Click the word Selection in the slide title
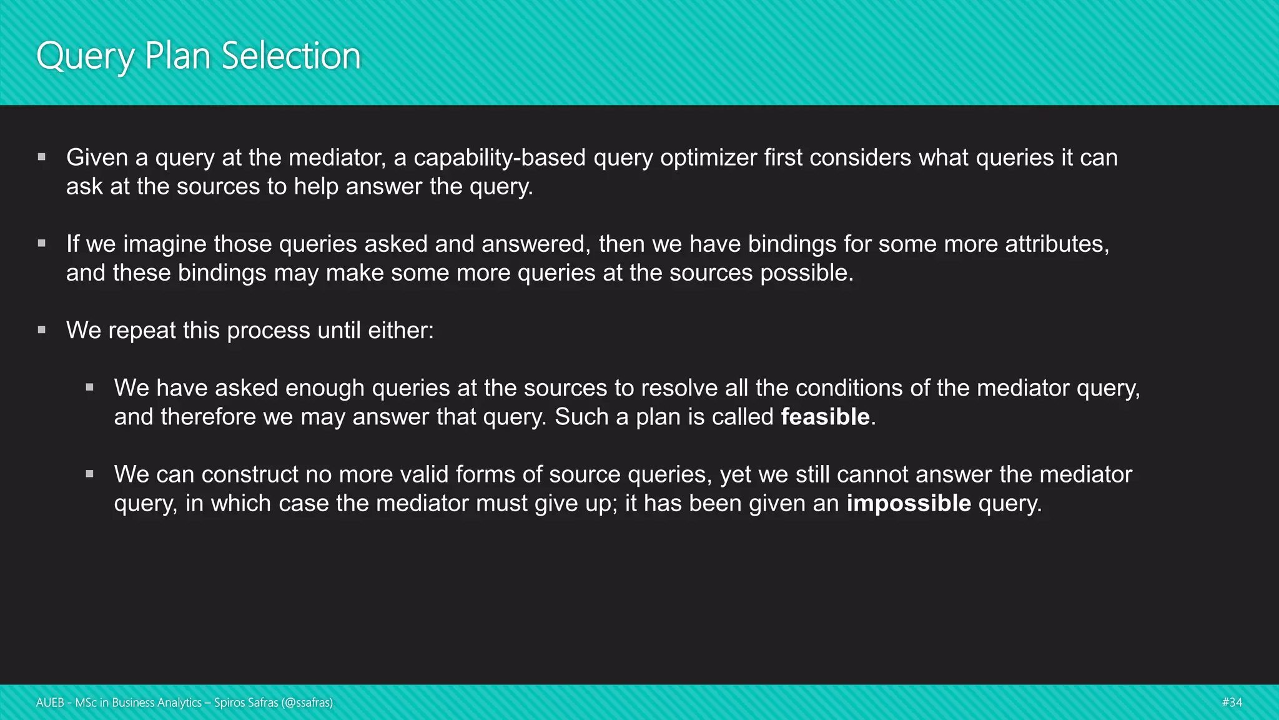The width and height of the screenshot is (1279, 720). [x=291, y=56]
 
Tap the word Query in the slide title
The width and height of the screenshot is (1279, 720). [x=86, y=56]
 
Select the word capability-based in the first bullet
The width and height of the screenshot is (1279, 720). [x=500, y=157]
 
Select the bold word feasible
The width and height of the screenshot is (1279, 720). [x=825, y=417]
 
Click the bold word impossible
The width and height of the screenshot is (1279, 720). [x=909, y=503]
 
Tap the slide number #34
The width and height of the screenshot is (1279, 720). [x=1232, y=702]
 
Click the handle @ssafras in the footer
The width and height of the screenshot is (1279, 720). [x=307, y=702]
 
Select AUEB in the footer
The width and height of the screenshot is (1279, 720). [x=50, y=702]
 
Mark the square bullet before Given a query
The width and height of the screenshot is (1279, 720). [x=42, y=157]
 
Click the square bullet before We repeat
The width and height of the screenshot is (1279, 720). [x=42, y=330]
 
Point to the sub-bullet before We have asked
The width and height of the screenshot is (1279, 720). [x=90, y=387]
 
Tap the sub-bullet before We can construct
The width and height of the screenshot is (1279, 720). [x=90, y=474]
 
